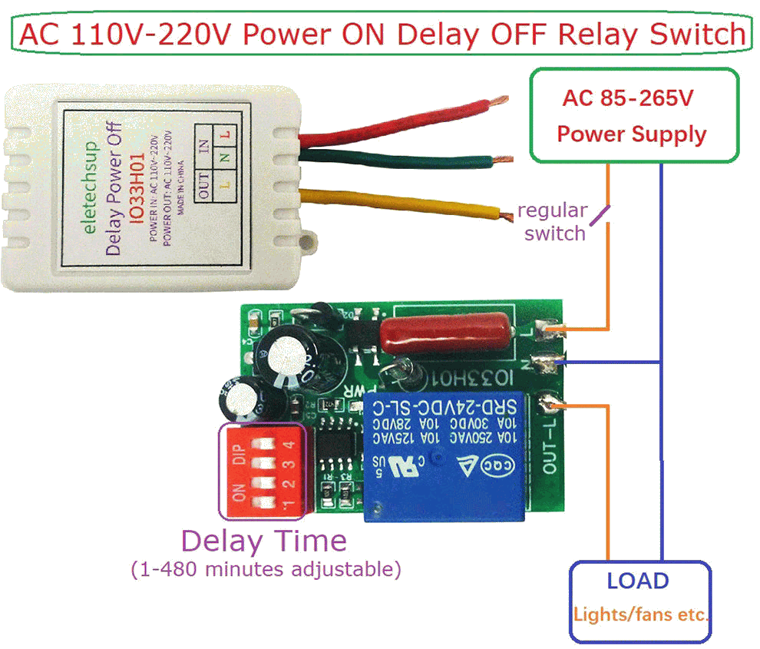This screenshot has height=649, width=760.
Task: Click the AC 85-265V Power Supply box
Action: tap(634, 116)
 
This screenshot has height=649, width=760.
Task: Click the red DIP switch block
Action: tap(263, 469)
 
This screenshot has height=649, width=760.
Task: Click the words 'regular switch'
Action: tap(553, 221)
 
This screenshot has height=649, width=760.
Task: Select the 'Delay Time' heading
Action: tap(263, 541)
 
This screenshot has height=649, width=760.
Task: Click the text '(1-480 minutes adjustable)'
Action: tap(266, 570)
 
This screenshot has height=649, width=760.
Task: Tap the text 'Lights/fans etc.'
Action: tap(640, 615)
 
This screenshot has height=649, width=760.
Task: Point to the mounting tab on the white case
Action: tap(310, 242)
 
